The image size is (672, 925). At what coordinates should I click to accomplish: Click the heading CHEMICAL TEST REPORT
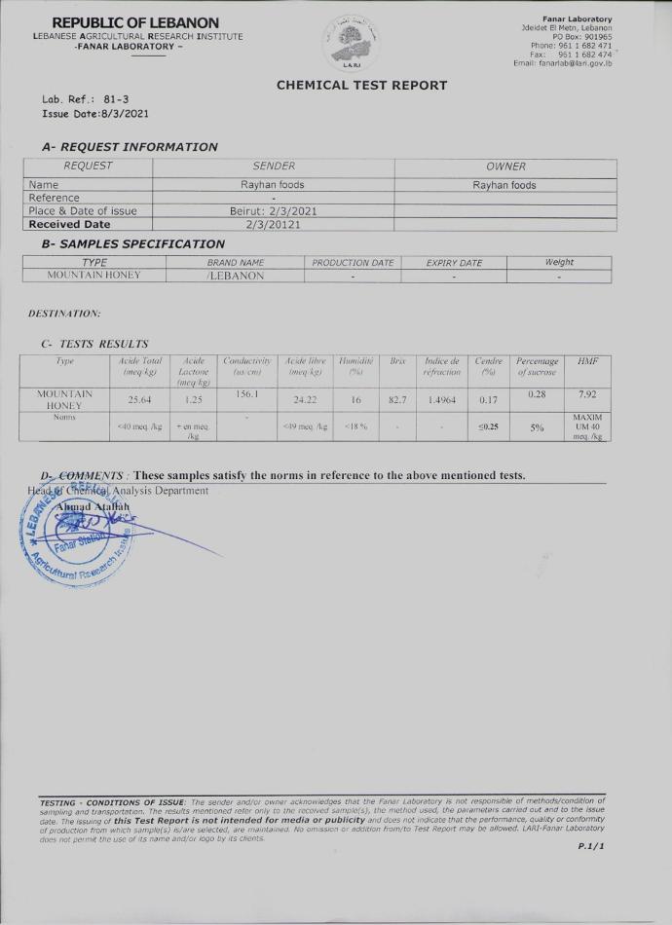(x=361, y=85)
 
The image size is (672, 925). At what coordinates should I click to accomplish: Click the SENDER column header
(x=273, y=166)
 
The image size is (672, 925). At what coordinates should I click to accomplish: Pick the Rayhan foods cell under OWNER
(x=504, y=185)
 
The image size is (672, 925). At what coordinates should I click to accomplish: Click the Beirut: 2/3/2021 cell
(x=273, y=210)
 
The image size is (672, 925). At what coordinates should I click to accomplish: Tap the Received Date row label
(x=70, y=224)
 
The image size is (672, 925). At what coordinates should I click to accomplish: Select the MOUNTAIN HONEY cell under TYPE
(x=93, y=276)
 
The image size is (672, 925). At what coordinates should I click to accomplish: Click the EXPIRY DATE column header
(x=454, y=263)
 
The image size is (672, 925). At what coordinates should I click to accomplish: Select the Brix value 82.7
(x=397, y=398)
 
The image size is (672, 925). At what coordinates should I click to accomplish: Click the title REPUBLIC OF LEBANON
(x=135, y=22)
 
